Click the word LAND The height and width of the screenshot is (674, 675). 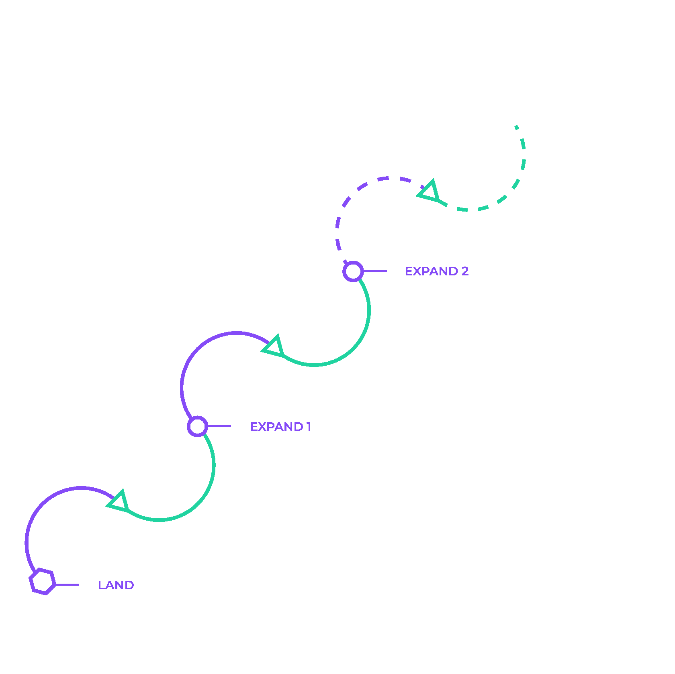click(116, 585)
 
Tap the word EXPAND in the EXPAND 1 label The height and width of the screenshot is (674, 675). click(276, 427)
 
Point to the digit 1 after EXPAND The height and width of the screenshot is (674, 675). click(309, 427)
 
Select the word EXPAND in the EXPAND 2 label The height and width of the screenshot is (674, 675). click(432, 271)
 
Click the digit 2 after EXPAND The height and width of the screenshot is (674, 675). click(465, 271)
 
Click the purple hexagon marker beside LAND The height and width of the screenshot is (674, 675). click(42, 582)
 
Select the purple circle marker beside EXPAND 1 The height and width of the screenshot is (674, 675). click(198, 426)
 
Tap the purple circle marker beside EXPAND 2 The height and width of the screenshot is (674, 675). click(353, 271)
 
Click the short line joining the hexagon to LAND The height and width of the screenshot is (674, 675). click(67, 584)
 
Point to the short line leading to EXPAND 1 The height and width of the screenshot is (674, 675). click(219, 426)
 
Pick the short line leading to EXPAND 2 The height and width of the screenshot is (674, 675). click(375, 271)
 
